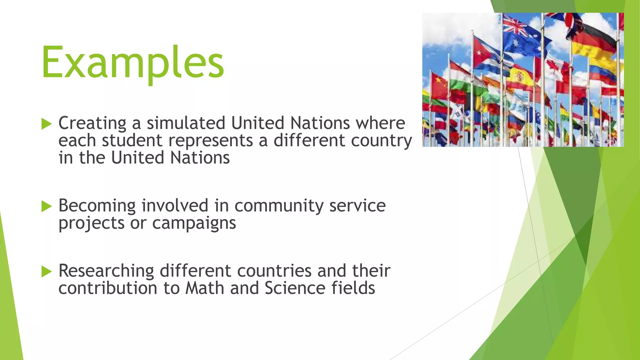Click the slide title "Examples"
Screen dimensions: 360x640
click(x=133, y=62)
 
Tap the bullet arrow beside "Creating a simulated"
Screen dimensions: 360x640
click(x=46, y=124)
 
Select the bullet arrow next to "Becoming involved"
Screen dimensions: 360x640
click(x=46, y=206)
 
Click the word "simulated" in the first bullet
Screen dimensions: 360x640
click(x=186, y=123)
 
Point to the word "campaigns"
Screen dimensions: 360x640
click(x=194, y=223)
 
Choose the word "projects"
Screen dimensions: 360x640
click(x=92, y=223)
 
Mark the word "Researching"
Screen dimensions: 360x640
click(x=106, y=271)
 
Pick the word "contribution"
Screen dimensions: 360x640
click(x=108, y=288)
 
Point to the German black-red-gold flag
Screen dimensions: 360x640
click(x=594, y=41)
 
